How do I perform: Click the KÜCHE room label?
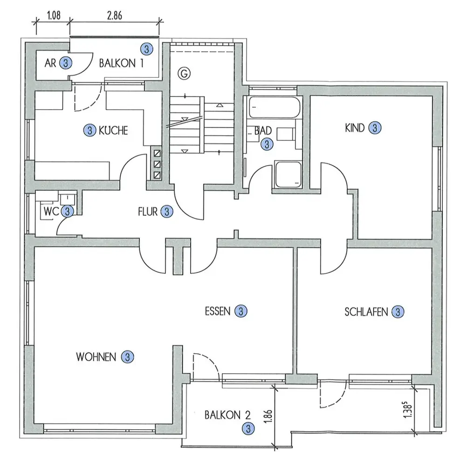113,131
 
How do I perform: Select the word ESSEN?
218,311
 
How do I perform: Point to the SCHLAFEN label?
366,312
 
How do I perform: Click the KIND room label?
355,128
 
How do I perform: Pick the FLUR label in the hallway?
149,211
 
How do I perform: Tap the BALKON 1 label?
121,63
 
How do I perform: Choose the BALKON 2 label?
228,414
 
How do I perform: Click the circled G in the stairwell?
185,73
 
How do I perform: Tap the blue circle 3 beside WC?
68,211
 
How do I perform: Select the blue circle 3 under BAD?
267,144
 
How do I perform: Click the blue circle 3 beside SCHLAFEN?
397,312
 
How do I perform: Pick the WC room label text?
51,211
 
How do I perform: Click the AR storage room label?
50,63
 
